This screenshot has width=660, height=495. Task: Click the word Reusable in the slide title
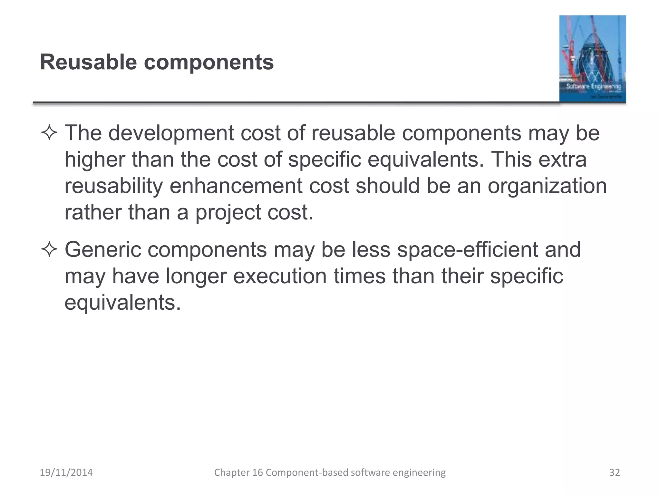[x=88, y=62]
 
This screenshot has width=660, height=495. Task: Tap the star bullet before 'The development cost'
[x=49, y=133]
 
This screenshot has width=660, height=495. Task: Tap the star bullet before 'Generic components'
[x=49, y=250]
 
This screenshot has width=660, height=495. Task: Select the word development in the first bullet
[x=171, y=133]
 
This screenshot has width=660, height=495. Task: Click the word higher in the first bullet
[x=95, y=160]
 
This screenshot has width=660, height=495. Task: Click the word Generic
[x=103, y=250]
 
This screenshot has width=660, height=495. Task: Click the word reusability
[x=113, y=186]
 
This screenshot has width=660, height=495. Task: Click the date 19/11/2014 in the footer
[x=66, y=472]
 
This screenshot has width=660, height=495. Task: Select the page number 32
[x=614, y=472]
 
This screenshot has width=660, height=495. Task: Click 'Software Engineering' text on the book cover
[x=594, y=86]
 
